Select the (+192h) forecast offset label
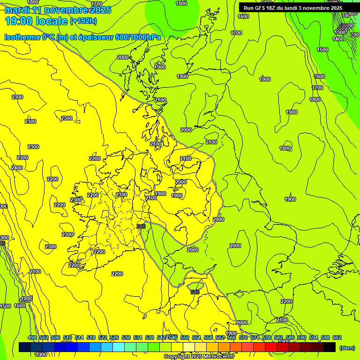coord(83,21)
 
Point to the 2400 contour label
coord(17,168)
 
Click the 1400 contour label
coord(338,39)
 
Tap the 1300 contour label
coord(340,32)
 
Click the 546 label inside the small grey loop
coord(195,292)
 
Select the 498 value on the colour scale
coord(32,337)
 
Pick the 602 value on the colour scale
coord(337,337)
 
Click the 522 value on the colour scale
coord(103,337)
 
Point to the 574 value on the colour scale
coord(255,337)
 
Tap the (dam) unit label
coord(347,347)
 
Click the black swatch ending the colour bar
coord(330,347)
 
